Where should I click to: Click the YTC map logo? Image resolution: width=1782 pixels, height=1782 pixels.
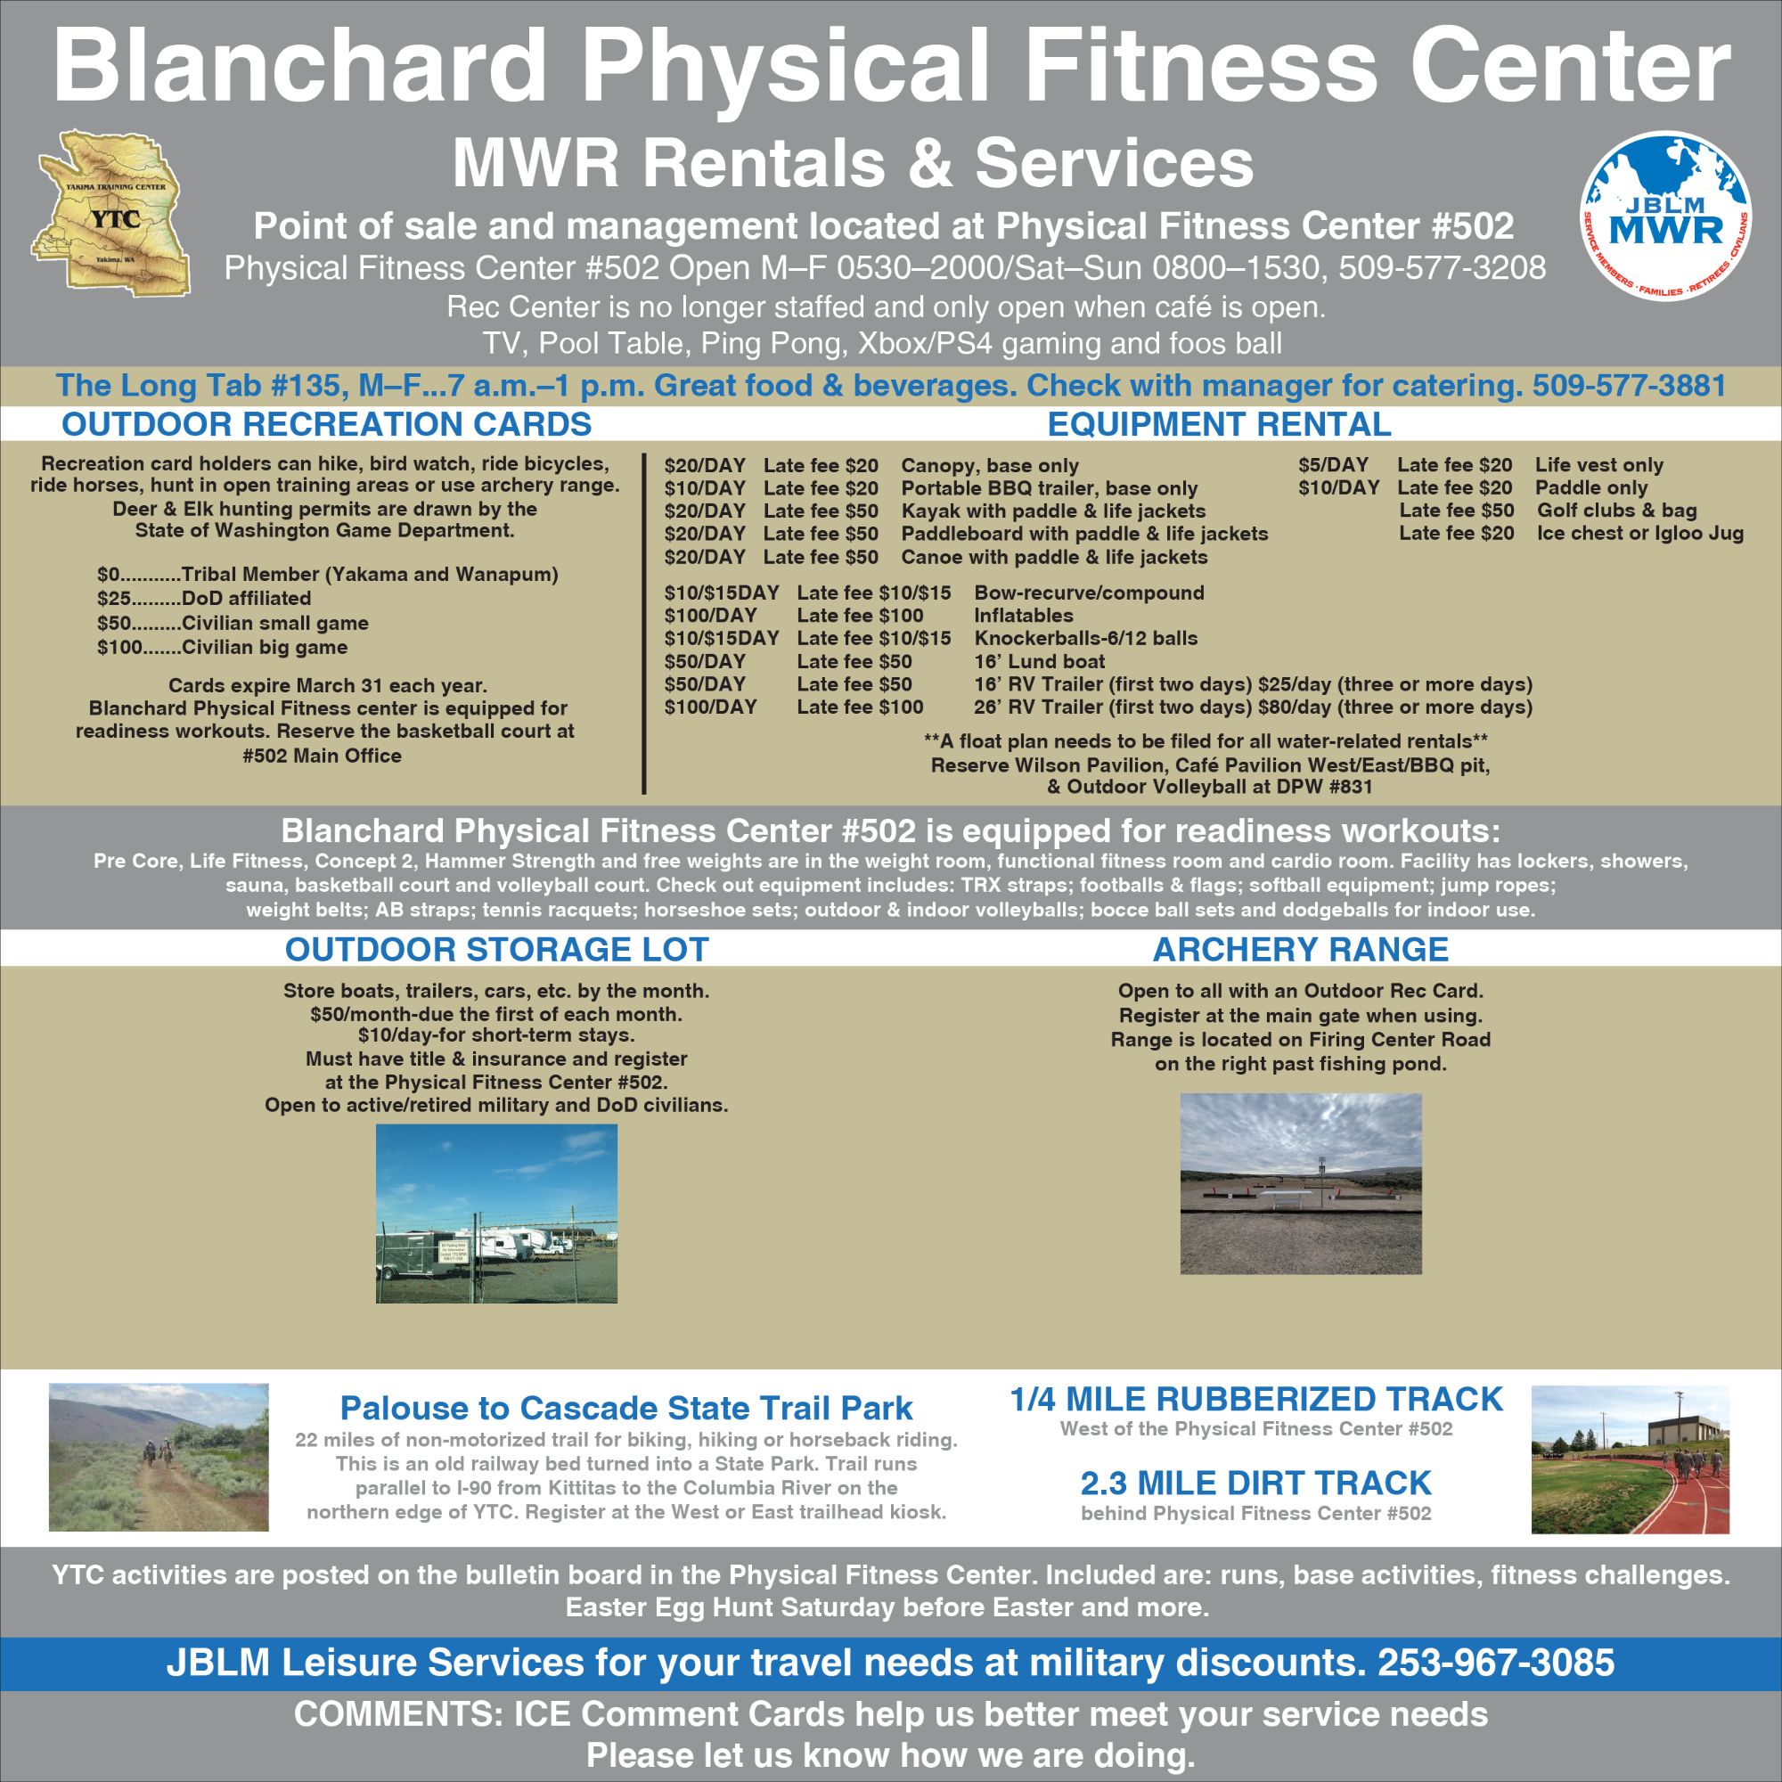coord(110,212)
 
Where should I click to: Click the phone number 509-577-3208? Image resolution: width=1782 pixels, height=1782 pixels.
coord(1442,267)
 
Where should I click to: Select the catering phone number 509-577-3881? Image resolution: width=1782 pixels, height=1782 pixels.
coord(1629,385)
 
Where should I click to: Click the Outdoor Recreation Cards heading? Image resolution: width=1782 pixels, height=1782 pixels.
coord(326,423)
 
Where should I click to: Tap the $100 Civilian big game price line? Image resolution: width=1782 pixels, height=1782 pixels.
coord(222,647)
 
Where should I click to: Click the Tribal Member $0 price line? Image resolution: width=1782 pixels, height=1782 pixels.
coord(327,575)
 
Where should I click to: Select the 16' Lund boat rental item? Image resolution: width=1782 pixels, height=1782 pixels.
coord(1039,661)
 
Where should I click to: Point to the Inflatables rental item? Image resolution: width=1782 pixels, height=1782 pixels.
coord(1024,615)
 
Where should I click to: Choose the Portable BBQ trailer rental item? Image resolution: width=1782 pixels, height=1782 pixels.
coord(1049,488)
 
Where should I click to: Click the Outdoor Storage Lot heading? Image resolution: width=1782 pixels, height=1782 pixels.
coord(496,949)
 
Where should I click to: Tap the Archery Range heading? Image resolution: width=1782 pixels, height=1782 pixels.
coord(1301,949)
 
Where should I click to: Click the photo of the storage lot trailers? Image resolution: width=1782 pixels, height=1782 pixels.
coord(496,1213)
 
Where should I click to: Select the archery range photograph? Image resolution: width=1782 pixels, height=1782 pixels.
coord(1301,1183)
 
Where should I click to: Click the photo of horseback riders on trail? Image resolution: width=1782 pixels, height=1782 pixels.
coord(159,1458)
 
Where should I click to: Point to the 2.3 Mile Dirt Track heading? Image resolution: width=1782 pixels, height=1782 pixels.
coord(1255,1483)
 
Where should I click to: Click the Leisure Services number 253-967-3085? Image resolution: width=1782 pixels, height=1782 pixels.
coord(1496,1662)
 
